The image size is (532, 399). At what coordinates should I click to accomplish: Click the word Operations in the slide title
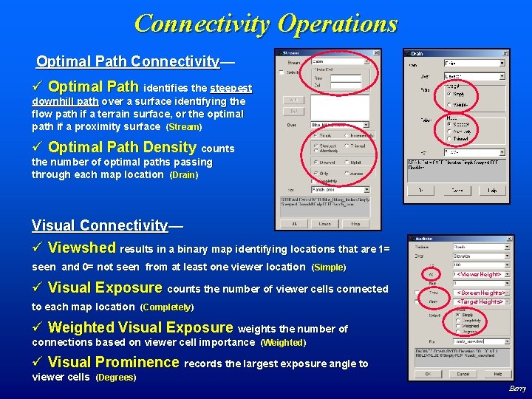(337, 24)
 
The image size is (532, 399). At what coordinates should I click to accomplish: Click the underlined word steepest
(231, 88)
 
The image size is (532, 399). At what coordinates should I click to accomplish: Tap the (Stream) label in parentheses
(183, 127)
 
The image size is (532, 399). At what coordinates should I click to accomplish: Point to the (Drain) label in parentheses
(184, 175)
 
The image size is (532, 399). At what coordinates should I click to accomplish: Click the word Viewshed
(82, 248)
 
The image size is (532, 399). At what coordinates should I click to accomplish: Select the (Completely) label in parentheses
(166, 307)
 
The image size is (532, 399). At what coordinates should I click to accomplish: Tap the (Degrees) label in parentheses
(116, 378)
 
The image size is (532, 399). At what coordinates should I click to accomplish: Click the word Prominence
(136, 362)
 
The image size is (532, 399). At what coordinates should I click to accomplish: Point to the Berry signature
(517, 389)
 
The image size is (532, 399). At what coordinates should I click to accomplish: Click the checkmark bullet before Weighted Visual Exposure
(38, 327)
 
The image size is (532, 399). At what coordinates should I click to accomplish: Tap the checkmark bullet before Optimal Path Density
(38, 147)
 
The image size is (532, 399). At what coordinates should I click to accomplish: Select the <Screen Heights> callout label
(482, 293)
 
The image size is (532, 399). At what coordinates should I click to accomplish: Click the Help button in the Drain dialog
(492, 190)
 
